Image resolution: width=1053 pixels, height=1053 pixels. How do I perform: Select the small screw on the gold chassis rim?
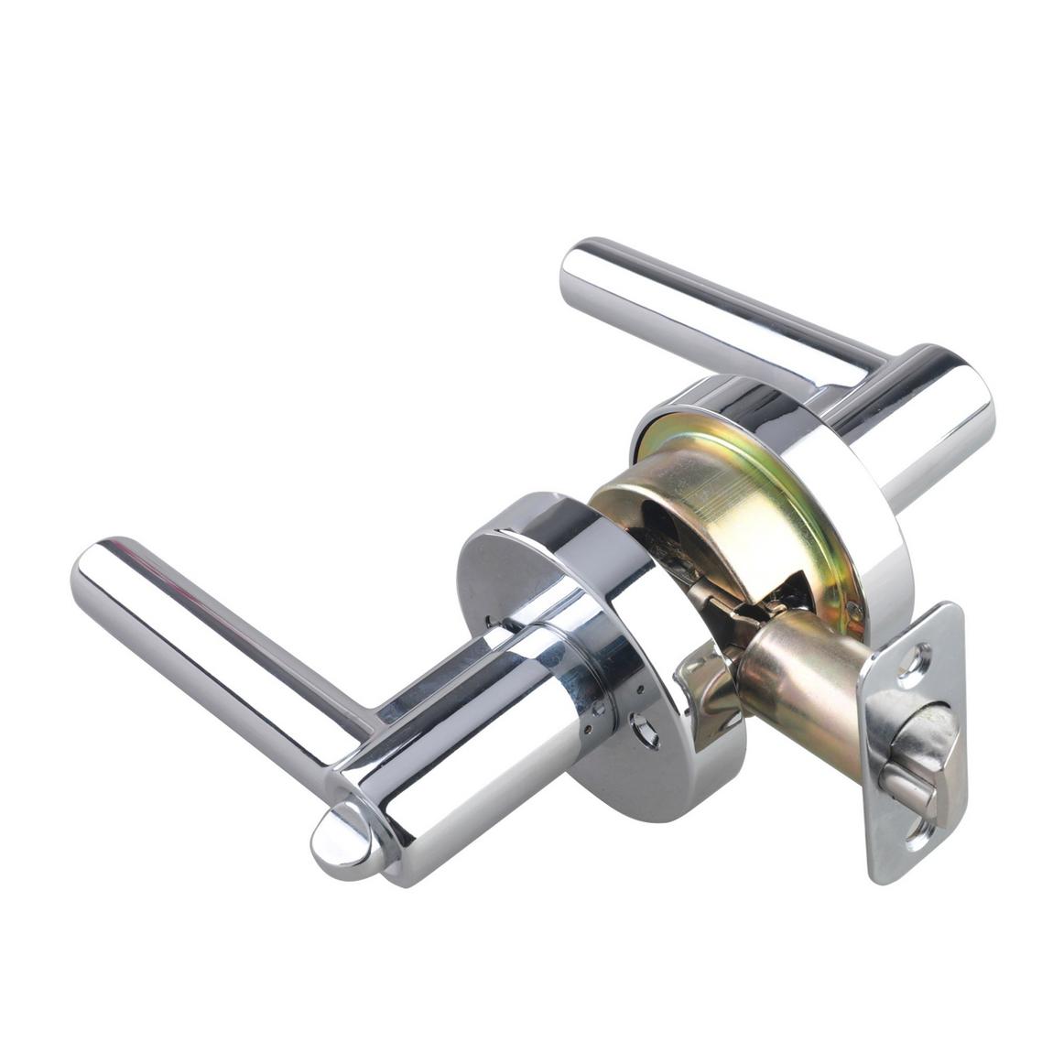click(x=853, y=607)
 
